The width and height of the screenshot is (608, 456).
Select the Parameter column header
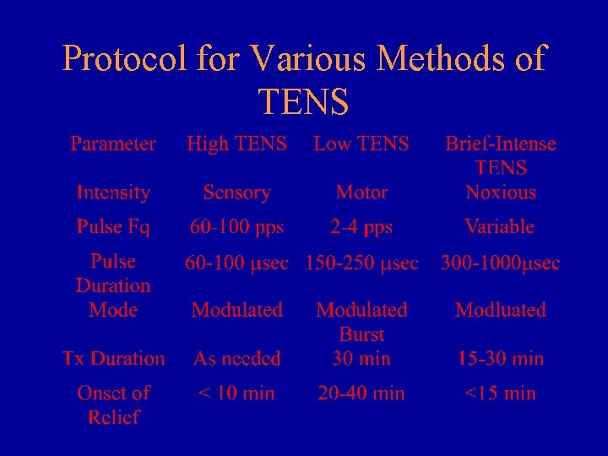coord(113,144)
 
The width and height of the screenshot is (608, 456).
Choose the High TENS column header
coord(236,144)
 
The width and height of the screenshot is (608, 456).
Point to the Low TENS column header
coord(361,144)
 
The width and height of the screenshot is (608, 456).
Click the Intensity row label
coord(113,193)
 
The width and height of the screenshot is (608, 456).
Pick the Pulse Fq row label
coord(113,226)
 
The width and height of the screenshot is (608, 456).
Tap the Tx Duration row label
coord(113,358)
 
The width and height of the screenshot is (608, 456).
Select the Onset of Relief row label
coord(113,404)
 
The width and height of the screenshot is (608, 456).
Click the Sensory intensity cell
coord(236,193)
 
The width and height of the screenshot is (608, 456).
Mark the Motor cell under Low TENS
coord(361,193)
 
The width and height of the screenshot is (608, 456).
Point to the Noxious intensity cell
coord(501,193)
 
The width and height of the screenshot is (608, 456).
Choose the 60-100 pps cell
coord(236,226)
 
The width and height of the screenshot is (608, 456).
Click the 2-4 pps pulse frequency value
coord(361,226)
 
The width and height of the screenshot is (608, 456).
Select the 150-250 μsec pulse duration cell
coord(361,263)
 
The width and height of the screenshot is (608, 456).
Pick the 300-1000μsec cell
coord(500,263)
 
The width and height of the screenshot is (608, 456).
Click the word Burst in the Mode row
coord(361,334)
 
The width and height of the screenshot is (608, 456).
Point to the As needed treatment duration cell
coord(236,358)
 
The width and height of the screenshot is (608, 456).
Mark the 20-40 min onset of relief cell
coord(361,393)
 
